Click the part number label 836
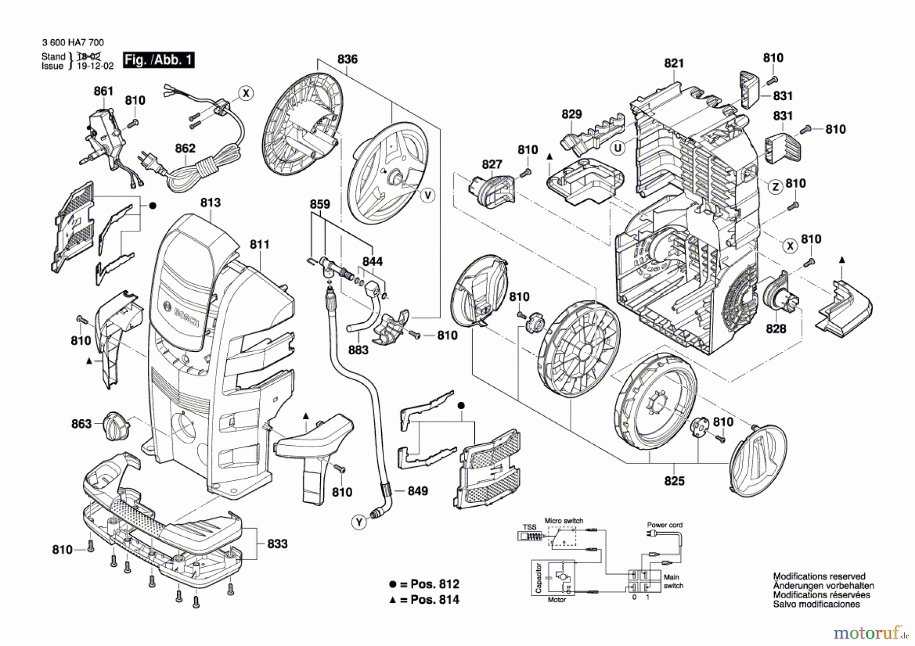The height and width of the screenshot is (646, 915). pyautogui.click(x=347, y=59)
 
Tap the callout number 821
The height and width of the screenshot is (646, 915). pyautogui.click(x=674, y=64)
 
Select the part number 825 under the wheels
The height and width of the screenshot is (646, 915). pyautogui.click(x=675, y=481)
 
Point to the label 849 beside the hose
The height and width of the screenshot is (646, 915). pyautogui.click(x=418, y=491)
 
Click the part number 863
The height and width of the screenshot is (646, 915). pyautogui.click(x=81, y=424)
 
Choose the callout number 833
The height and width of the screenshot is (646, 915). pyautogui.click(x=278, y=544)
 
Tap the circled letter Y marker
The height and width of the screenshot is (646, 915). pyautogui.click(x=359, y=522)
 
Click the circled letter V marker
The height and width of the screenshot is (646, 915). pyautogui.click(x=428, y=195)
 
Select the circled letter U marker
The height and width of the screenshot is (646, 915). pyautogui.click(x=618, y=148)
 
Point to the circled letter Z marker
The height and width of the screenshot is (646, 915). pyautogui.click(x=775, y=187)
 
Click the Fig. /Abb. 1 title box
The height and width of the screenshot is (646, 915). pyautogui.click(x=159, y=60)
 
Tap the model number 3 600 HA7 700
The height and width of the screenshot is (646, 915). pyautogui.click(x=73, y=43)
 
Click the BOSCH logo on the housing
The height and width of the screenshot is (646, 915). pyautogui.click(x=186, y=315)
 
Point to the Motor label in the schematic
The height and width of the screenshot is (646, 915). pyautogui.click(x=557, y=600)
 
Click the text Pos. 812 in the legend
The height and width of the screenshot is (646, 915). pyautogui.click(x=435, y=584)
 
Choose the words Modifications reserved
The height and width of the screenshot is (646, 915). pyautogui.click(x=819, y=576)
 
